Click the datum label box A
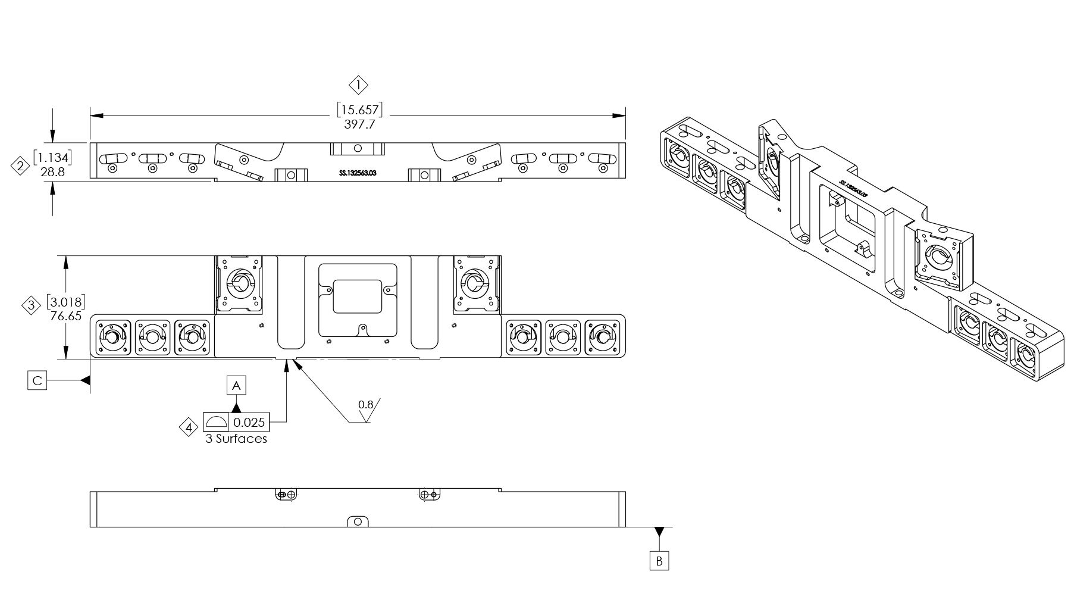236,386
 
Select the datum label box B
659,561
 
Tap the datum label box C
37,380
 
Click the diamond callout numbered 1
358,86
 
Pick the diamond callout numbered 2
21,166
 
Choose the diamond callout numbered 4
189,427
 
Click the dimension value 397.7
359,125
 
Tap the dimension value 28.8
52,171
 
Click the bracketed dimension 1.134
52,158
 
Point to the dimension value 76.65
65,316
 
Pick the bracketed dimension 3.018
65,302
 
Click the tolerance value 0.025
249,422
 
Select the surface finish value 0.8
365,405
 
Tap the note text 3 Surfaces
236,439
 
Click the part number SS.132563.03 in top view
358,173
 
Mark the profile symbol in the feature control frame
215,422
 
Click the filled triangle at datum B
659,531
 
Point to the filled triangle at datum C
86,380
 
